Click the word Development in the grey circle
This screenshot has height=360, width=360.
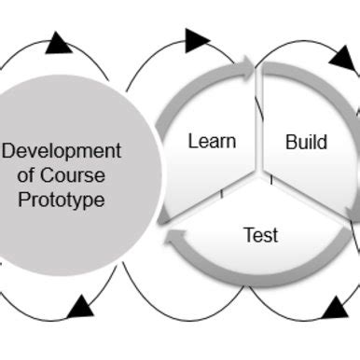pyautogui.click(x=62, y=151)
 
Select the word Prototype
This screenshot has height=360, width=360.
pyautogui.click(x=61, y=200)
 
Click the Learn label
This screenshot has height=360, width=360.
pyautogui.click(x=212, y=142)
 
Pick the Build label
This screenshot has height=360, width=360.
pyautogui.click(x=306, y=142)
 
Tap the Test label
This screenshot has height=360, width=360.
pyautogui.click(x=260, y=235)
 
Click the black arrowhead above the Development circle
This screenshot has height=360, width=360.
pyautogui.click(x=58, y=43)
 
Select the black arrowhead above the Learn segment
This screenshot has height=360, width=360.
pyautogui.click(x=197, y=40)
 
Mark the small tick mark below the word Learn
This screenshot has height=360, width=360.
pyautogui.click(x=222, y=194)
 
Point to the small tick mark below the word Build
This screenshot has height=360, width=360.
pyautogui.click(x=271, y=179)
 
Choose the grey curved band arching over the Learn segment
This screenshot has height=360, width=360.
pyautogui.click(x=191, y=93)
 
